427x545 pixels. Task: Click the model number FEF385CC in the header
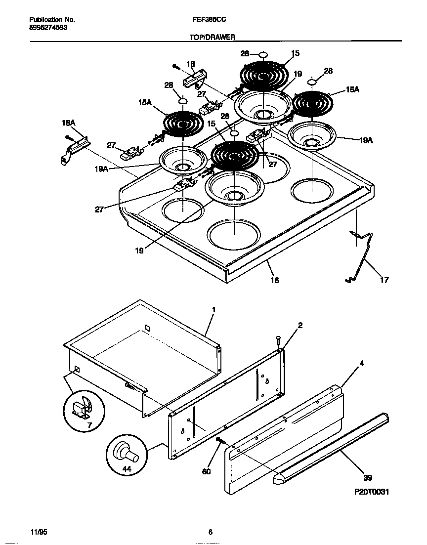point(206,20)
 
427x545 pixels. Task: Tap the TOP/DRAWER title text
point(213,37)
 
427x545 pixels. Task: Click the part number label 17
point(384,280)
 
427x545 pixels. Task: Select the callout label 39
point(367,478)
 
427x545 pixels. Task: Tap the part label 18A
point(68,122)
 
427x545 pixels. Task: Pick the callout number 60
point(206,471)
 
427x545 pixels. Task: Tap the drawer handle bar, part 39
point(331,445)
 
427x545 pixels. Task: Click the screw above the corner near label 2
point(278,339)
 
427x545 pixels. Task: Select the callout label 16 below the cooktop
point(274,280)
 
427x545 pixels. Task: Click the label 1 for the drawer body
point(213,309)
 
